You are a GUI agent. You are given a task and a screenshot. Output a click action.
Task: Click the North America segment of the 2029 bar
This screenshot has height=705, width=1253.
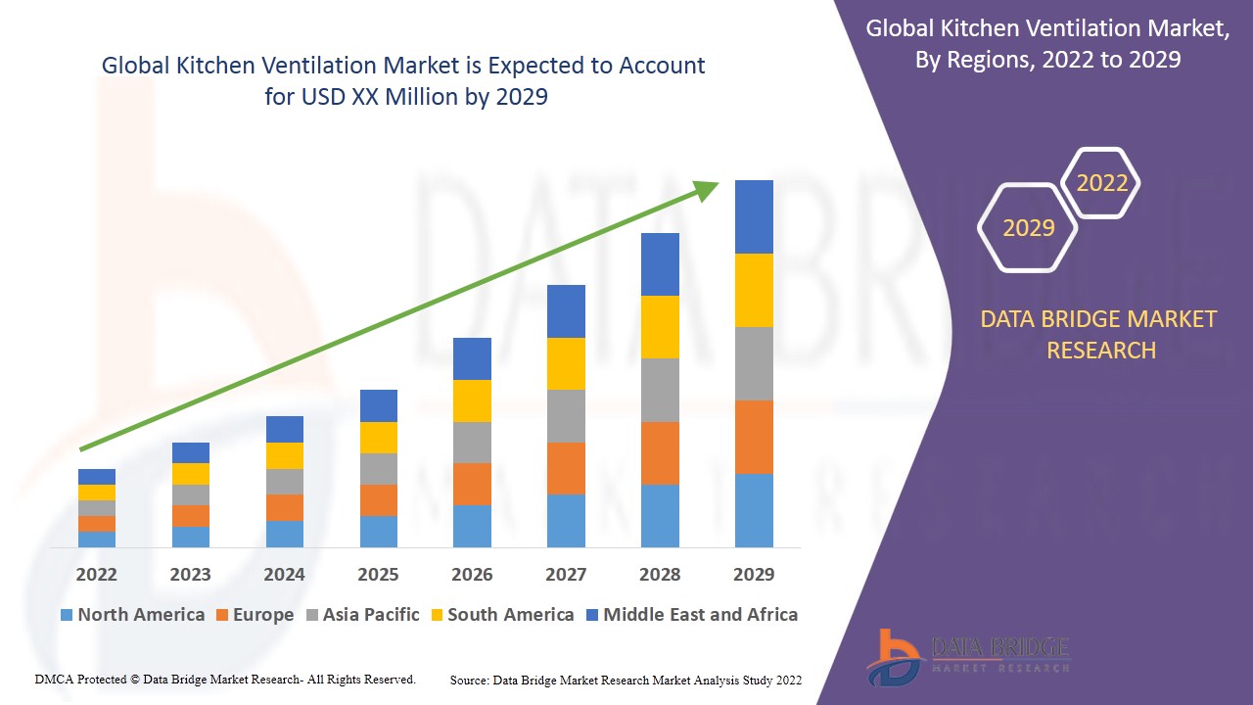[x=754, y=510]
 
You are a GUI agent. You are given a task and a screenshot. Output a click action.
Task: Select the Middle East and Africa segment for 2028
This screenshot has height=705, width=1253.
[x=660, y=264]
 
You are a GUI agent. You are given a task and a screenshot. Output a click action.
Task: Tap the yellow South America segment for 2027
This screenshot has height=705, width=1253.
[x=566, y=363]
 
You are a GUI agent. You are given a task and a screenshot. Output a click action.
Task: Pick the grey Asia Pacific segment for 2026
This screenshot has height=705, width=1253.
[x=472, y=443]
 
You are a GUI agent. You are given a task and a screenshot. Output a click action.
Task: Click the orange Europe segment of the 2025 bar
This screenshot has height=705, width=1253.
[x=379, y=500]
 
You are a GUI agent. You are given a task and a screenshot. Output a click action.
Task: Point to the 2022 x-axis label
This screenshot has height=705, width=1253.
[x=97, y=575]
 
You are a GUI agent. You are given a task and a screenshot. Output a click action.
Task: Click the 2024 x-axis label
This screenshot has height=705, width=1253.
[x=284, y=575]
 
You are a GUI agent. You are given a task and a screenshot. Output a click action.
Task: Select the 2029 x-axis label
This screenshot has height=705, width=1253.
[x=754, y=575]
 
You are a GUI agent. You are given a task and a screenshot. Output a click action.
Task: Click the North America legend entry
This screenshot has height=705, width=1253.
[x=132, y=615]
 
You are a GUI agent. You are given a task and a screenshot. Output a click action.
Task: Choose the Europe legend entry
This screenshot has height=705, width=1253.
[x=254, y=615]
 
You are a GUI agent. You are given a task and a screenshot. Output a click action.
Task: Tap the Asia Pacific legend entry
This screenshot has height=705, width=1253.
[x=362, y=615]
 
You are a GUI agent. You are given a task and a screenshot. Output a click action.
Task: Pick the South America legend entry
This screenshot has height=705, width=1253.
[x=501, y=615]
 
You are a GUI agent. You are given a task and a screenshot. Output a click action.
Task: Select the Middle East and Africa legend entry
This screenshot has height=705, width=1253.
[x=691, y=615]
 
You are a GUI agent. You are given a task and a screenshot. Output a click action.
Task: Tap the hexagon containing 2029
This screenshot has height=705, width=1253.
[x=1028, y=228]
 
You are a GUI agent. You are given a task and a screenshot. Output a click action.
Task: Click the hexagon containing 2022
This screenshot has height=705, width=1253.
[x=1101, y=183]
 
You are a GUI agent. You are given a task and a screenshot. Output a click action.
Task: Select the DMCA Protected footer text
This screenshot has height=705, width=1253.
[x=225, y=679]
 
